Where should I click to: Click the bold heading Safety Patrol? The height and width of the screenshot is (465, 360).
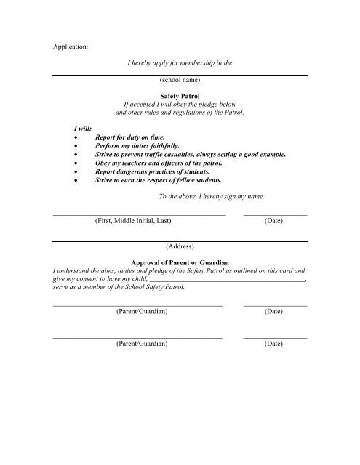click(x=180, y=95)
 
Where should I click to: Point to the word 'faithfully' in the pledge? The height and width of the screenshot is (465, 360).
click(x=167, y=145)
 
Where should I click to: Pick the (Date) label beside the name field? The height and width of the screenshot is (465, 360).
click(x=273, y=220)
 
